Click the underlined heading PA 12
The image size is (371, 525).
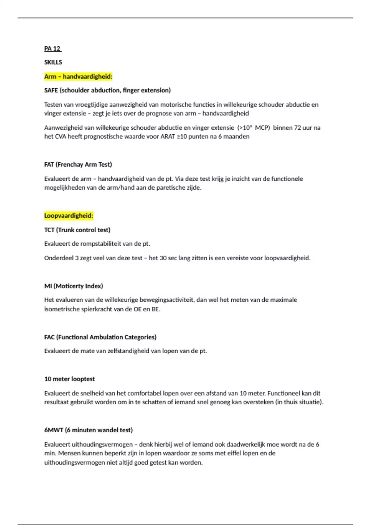(53, 48)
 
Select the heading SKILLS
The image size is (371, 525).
(53, 62)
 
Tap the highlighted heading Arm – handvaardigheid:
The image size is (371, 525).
(78, 77)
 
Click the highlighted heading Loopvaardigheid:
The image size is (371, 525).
(68, 216)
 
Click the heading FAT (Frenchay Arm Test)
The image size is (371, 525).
(78, 165)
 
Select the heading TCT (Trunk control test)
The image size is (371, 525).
(77, 230)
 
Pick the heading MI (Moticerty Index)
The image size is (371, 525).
(74, 286)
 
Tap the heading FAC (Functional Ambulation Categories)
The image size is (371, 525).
(100, 337)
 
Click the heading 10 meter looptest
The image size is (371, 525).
(69, 379)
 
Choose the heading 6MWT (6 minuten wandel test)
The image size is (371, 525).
(88, 430)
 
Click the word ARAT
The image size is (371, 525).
(168, 136)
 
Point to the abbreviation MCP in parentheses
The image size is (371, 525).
(262, 128)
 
